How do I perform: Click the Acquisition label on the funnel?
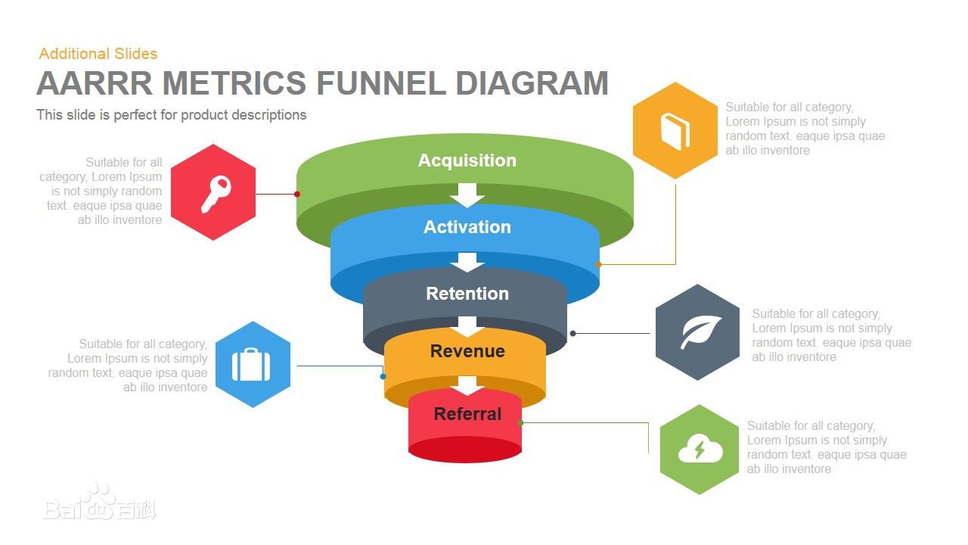(x=467, y=160)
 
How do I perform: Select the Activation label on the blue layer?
(x=467, y=227)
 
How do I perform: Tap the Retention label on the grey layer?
(x=467, y=294)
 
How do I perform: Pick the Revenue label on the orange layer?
(x=467, y=351)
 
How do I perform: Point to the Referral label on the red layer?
(x=467, y=414)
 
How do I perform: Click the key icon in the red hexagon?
(x=216, y=194)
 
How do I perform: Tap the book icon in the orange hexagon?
(x=675, y=131)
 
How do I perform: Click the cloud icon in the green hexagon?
(x=700, y=450)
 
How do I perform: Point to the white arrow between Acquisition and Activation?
(x=467, y=195)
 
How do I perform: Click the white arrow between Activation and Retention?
(x=467, y=262)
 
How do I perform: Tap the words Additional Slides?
(x=98, y=54)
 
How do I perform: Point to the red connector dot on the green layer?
(x=296, y=194)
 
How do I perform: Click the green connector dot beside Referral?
(x=520, y=422)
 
